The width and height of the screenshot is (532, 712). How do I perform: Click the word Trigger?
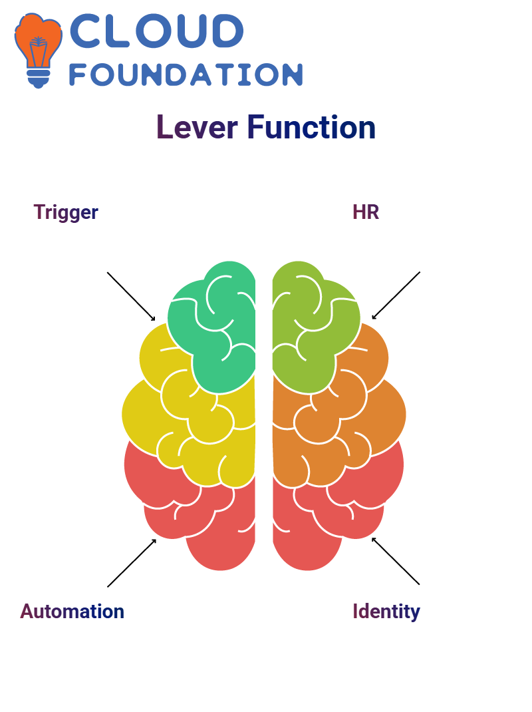[66, 212]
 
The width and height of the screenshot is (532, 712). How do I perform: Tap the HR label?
[366, 212]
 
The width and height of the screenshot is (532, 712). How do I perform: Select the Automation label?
[72, 612]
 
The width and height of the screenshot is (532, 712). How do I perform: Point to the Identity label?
[386, 612]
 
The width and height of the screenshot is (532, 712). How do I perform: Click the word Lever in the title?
[197, 127]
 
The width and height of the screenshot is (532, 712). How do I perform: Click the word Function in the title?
[311, 127]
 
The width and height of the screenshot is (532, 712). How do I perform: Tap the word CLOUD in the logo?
[156, 31]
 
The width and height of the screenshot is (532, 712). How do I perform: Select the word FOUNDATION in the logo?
[186, 75]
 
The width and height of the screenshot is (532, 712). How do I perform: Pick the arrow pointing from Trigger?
[131, 297]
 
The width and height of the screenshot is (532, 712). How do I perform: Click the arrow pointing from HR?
[396, 295]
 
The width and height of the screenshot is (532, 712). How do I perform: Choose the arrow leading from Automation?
[132, 563]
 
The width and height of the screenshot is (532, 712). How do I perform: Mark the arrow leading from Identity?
[396, 561]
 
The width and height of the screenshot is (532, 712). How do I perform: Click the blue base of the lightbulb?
[39, 79]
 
